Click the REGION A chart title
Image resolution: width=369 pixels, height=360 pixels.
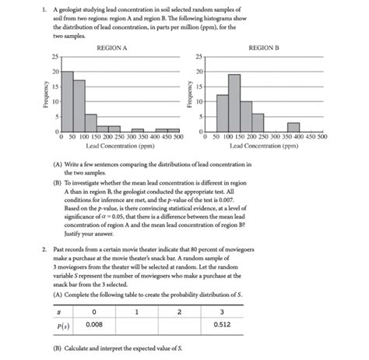[112, 48]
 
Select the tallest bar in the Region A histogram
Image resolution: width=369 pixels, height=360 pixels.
[67, 101]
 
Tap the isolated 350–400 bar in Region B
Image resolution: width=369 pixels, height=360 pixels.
[293, 127]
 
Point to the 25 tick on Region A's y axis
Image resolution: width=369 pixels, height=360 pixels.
[54, 57]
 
